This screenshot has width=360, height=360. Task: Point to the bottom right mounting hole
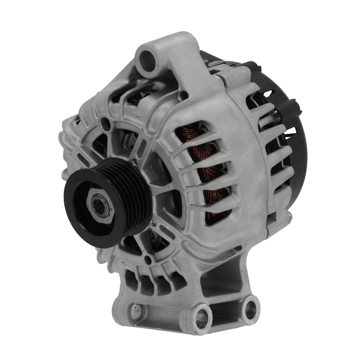point(249,309)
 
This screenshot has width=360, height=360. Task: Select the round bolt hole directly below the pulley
point(148,260)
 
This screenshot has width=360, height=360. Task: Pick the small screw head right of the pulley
point(153,222)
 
